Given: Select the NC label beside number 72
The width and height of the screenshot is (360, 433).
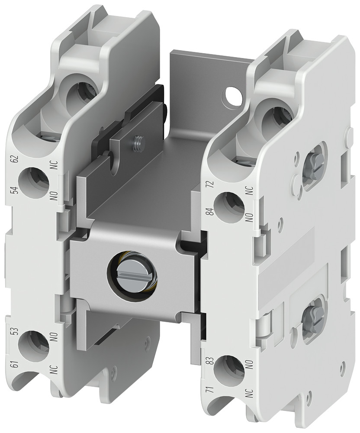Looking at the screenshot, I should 249,191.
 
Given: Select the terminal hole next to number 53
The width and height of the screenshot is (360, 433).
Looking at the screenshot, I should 34,345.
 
